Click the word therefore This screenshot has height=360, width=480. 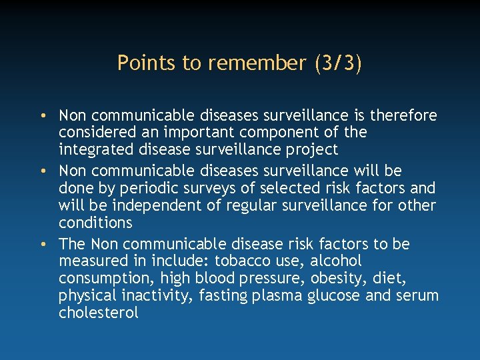click(403, 116)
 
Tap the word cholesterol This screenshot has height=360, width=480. click(99, 311)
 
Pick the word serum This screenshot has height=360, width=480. click(418, 295)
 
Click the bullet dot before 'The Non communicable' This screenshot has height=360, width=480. click(42, 245)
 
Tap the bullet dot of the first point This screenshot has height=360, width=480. click(42, 116)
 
